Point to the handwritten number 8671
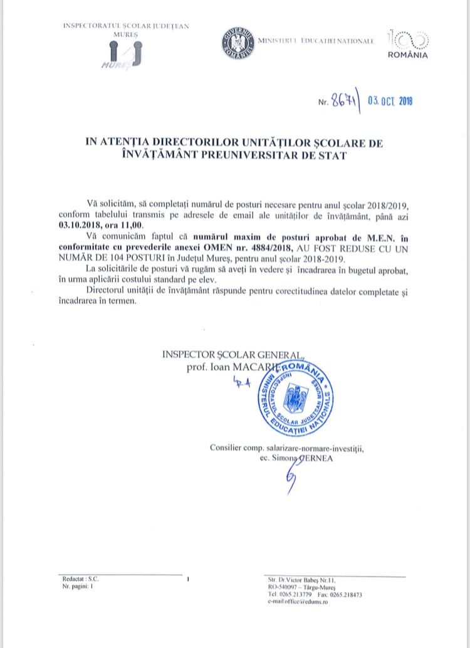click(x=343, y=100)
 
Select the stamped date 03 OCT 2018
click(x=390, y=100)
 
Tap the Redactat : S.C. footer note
click(x=81, y=580)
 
